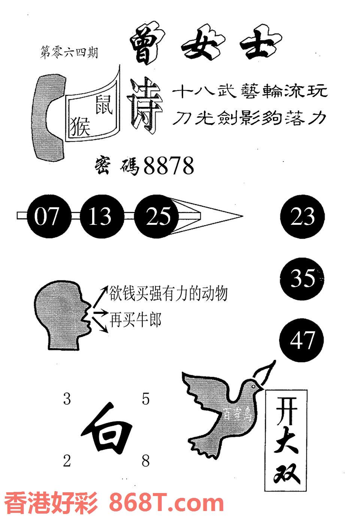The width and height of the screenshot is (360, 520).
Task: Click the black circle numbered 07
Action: tap(46, 217)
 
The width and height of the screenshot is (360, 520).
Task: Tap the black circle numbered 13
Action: tap(100, 217)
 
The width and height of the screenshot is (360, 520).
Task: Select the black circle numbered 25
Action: tap(157, 217)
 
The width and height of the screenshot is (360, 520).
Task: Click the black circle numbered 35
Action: tap(302, 278)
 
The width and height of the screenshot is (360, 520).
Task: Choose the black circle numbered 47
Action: tap(302, 340)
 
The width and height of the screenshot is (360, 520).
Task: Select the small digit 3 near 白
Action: tap(67, 399)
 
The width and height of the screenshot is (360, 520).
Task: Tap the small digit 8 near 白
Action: tap(145, 461)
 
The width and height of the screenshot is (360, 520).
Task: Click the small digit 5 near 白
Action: tap(145, 399)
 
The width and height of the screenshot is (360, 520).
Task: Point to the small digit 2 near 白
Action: tap(67, 461)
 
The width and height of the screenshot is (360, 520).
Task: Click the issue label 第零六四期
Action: tap(69, 53)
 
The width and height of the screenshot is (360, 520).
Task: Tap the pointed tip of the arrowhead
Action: tap(242, 217)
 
